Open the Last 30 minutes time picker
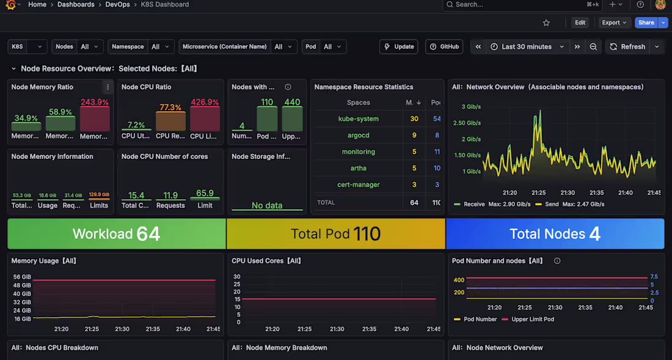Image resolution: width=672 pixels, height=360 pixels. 527,46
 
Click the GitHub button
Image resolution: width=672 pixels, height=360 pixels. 444,46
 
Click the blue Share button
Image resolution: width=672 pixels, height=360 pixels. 646,23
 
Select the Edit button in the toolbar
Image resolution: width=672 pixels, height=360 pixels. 580,23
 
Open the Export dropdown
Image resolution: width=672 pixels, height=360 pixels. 614,23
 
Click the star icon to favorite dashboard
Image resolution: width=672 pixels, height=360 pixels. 546,23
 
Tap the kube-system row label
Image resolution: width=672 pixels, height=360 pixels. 358,119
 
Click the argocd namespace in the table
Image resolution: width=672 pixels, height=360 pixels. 358,135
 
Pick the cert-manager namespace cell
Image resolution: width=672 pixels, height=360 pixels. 358,185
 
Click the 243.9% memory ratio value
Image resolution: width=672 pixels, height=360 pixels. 95,102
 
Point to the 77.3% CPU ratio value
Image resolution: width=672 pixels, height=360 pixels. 170,108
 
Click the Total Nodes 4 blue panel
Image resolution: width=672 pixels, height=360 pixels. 555,233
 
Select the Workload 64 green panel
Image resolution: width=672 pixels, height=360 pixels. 116,233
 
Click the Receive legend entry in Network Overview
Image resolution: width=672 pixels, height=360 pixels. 473,204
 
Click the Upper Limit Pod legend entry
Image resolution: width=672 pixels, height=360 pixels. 532,319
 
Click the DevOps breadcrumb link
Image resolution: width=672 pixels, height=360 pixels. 117,4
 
